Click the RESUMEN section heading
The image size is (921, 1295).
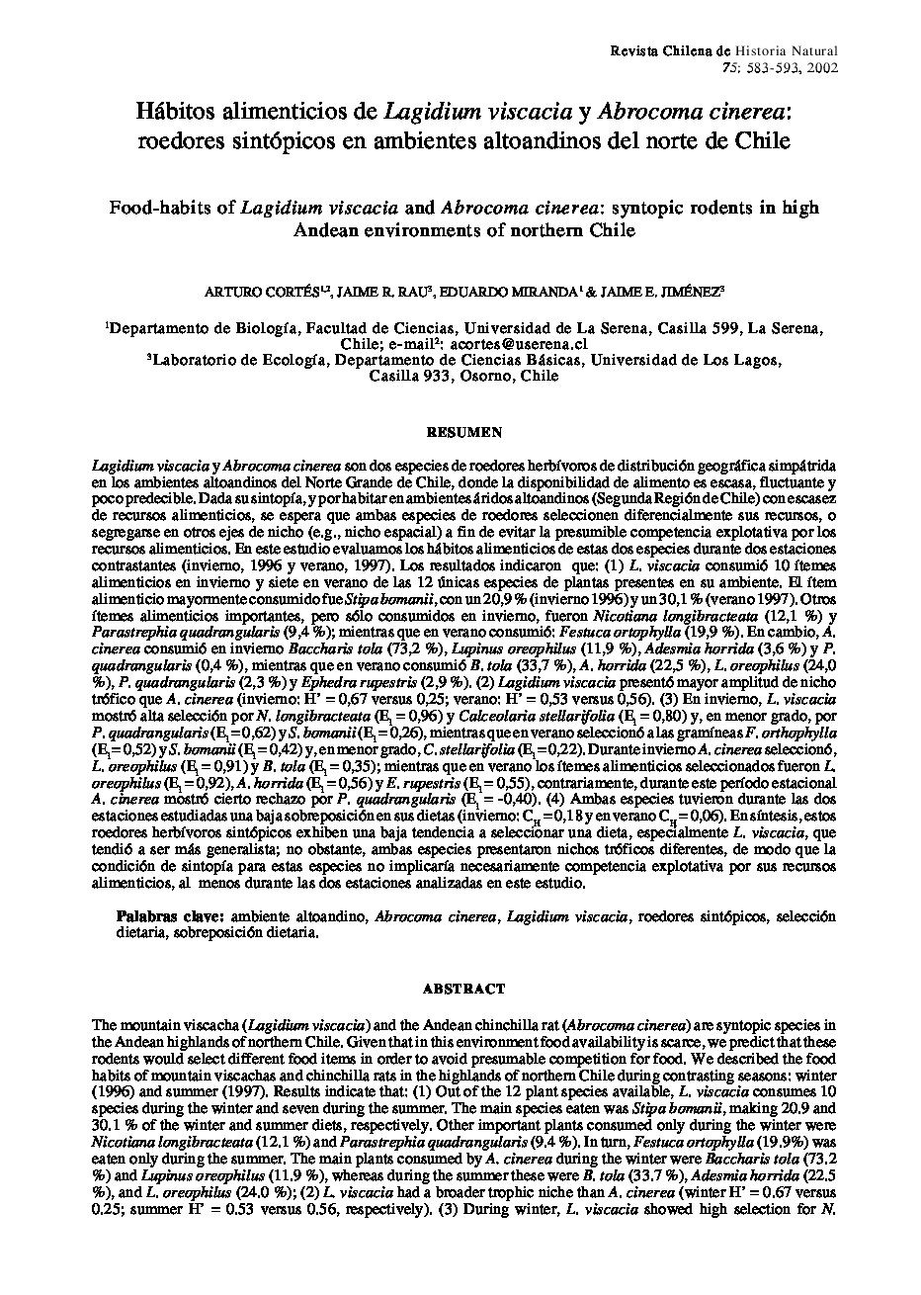pos(463,432)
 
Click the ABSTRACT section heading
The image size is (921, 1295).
pos(463,988)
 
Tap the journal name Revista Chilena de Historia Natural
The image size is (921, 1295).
pos(724,50)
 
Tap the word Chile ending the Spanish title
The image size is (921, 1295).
pos(761,140)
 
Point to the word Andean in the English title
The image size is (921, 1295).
pos(334,230)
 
